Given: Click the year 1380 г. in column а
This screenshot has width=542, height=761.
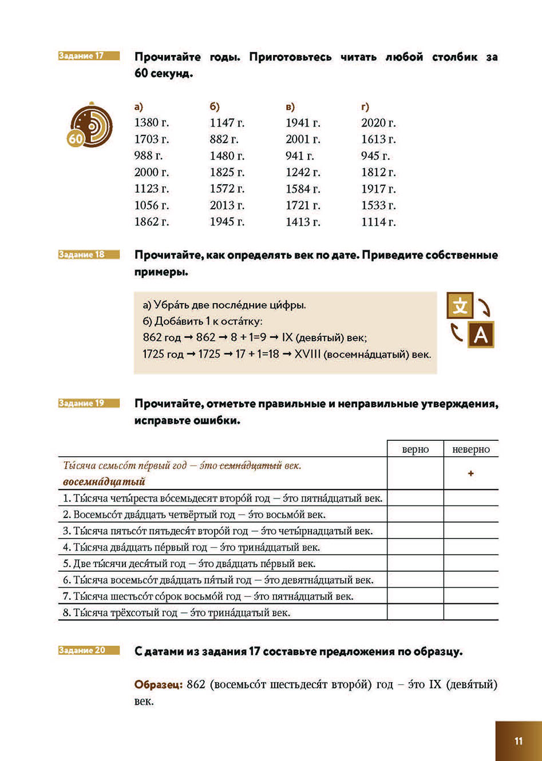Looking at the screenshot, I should pos(151,123).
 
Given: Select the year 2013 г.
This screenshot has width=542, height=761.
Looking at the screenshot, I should pos(227,205).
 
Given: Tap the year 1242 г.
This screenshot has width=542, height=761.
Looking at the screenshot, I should pos(303,172).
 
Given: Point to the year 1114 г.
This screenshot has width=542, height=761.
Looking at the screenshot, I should pos(378,222).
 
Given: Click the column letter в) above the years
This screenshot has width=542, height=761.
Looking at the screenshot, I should pos(290,107).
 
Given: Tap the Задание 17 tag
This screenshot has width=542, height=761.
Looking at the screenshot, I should pos(89,56).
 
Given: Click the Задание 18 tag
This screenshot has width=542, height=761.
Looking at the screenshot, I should pos(89,254).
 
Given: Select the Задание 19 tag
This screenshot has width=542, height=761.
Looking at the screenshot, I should pos(89,403).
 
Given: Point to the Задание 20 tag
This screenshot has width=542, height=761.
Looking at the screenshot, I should pos(89,650).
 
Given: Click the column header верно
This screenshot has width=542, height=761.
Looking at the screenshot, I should pos(416,449).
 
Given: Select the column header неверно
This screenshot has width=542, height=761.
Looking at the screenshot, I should pos(471,449).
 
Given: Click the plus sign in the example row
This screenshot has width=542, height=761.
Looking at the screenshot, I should pos(471,474).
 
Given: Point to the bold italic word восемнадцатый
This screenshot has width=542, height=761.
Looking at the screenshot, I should pos(104,481).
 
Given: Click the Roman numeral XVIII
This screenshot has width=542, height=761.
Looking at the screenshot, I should pos(307,354).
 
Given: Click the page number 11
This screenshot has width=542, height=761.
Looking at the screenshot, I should pos(519,741).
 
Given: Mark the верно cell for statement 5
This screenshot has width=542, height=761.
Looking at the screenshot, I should pos(416,564).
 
